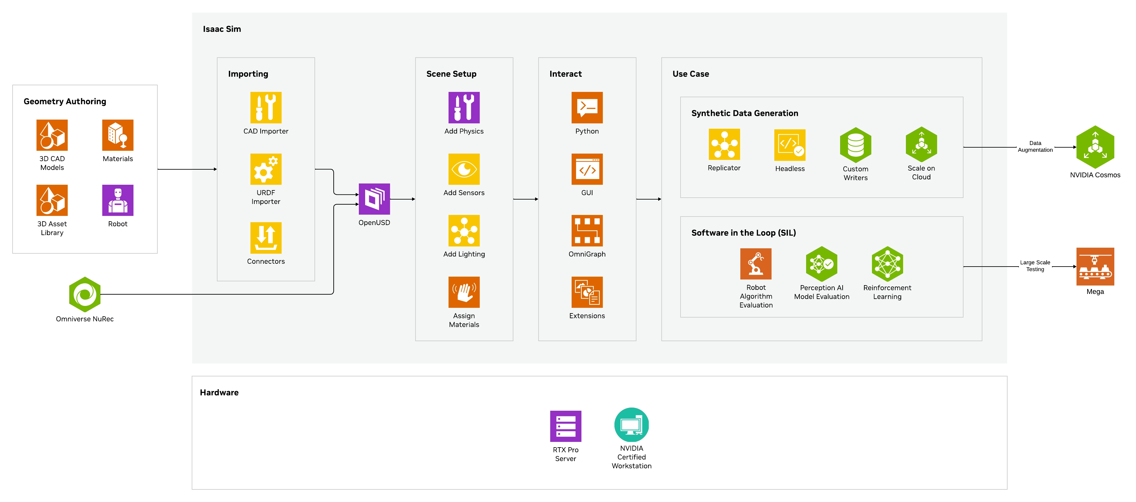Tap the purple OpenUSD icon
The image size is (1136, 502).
(x=374, y=199)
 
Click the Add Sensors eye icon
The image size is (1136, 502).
(x=464, y=169)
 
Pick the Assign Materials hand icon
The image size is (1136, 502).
(x=464, y=292)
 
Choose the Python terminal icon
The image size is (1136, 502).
(x=587, y=108)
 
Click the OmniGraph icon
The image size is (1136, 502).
(x=587, y=231)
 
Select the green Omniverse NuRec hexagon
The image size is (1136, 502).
(x=85, y=294)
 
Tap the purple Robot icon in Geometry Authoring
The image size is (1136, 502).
(x=118, y=200)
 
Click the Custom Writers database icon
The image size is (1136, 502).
(x=856, y=145)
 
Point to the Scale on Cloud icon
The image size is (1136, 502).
(x=921, y=144)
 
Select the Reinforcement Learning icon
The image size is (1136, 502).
(x=887, y=264)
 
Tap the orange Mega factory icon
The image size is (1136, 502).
(x=1095, y=267)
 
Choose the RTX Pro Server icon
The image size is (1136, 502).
(x=565, y=426)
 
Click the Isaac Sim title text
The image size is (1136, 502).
(x=222, y=29)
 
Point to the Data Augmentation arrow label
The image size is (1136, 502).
(x=1035, y=146)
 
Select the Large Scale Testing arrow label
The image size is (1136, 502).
(x=1035, y=266)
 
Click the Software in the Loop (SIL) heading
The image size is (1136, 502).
(x=743, y=233)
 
